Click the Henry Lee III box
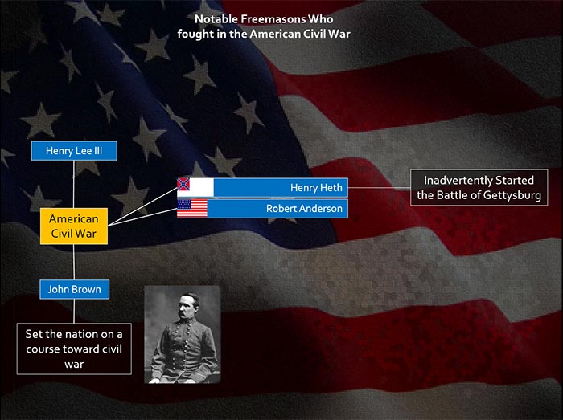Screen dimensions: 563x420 click(x=74, y=150)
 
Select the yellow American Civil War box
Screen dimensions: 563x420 click(x=74, y=226)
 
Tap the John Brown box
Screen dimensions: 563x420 click(x=74, y=289)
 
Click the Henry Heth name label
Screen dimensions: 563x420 click(x=316, y=187)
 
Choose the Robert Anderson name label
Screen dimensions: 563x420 click(x=304, y=208)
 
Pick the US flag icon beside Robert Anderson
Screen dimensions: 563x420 click(x=192, y=209)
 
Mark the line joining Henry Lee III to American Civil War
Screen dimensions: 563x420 click(x=74, y=184)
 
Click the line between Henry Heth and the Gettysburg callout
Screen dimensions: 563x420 click(x=379, y=187)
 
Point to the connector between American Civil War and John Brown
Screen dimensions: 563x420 click(x=74, y=262)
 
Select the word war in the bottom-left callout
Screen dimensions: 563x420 click(x=74, y=365)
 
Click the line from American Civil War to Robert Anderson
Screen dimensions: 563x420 click(x=142, y=217)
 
